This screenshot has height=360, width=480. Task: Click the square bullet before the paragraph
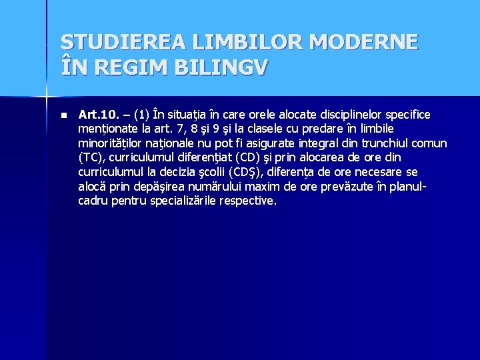click(63, 115)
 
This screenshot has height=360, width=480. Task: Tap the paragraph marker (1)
click(143, 115)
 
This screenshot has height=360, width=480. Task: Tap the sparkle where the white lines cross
click(47, 97)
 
